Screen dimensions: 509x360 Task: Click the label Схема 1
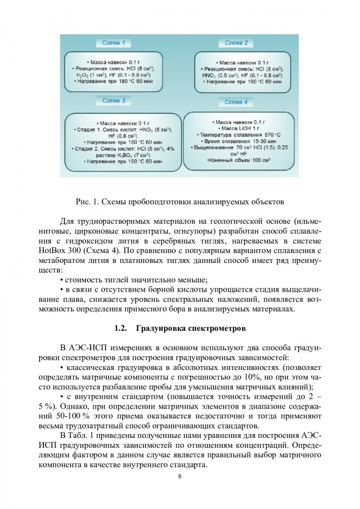tap(114, 43)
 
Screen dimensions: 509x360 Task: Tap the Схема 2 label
tap(236, 43)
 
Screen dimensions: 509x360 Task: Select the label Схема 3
tap(114, 101)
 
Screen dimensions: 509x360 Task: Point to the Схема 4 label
tap(236, 102)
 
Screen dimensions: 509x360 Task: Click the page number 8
tap(180, 476)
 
